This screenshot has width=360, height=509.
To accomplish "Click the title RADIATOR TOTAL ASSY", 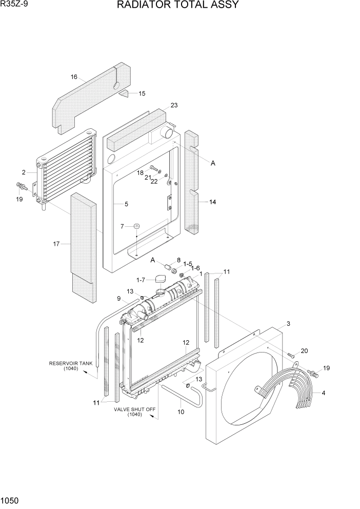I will point(177,6).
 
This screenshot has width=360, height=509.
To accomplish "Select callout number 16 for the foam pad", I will point(74,77).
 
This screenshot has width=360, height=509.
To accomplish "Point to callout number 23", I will point(174,105).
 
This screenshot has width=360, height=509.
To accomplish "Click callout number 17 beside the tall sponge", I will point(56,244).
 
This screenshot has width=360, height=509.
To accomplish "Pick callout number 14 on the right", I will point(212,202).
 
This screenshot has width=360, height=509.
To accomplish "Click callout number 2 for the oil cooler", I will point(24,172).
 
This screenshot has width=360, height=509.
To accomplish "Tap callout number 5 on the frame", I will point(126,204).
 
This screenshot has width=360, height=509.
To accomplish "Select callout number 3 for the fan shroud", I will point(288,324).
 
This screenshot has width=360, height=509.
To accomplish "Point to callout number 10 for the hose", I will point(181,412).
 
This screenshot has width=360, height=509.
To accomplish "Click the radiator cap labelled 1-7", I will point(159,279).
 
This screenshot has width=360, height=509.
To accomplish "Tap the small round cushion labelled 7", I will point(137,226).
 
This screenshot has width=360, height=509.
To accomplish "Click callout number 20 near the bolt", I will point(304,351).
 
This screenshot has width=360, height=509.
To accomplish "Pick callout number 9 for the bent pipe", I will point(118,299).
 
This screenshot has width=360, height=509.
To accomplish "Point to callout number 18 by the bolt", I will point(140,173).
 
